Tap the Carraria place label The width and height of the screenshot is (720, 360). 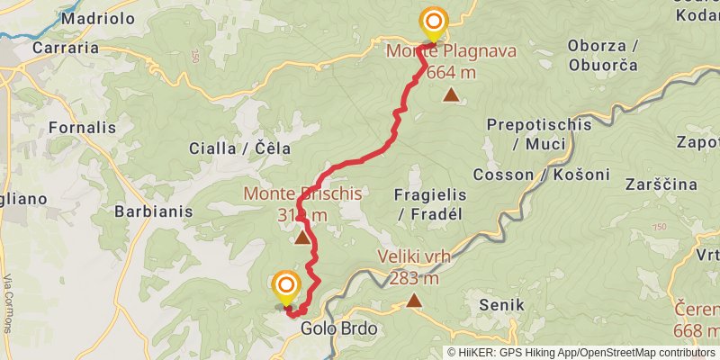tap(65, 48)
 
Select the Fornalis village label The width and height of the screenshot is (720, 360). tap(82, 128)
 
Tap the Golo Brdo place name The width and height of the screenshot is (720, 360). tap(339, 329)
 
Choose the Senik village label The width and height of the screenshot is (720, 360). tap(501, 306)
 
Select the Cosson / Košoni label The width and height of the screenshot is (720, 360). tap(553, 174)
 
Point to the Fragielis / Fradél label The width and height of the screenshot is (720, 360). tap(428, 204)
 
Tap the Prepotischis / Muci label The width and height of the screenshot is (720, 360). tap(538, 134)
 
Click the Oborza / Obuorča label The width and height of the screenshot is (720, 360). tap(603, 55)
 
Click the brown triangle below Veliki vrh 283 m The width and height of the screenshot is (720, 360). tap(414, 301)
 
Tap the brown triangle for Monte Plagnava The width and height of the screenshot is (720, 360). tap(450, 94)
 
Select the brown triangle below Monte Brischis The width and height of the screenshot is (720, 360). tap(302, 238)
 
